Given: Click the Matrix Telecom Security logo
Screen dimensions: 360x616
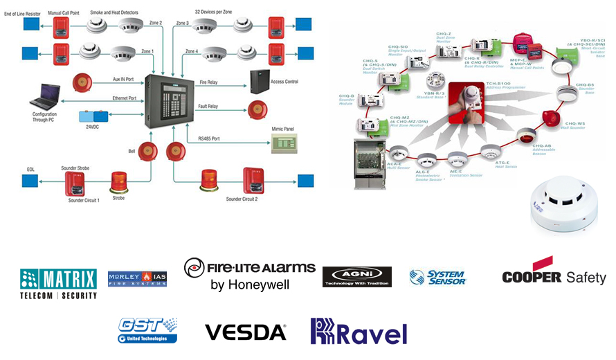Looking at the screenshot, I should pyautogui.click(x=59, y=282).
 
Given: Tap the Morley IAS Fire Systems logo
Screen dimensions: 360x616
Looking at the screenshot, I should pyautogui.click(x=137, y=279).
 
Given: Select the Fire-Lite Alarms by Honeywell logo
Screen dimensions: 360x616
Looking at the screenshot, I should pyautogui.click(x=250, y=274).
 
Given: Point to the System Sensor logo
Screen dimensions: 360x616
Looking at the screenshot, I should pyautogui.click(x=438, y=278).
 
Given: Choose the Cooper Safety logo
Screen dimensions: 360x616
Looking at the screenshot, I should pyautogui.click(x=554, y=273).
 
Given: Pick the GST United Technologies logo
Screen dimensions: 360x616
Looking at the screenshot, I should pyautogui.click(x=147, y=330).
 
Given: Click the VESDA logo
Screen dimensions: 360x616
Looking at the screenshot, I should pyautogui.click(x=246, y=332).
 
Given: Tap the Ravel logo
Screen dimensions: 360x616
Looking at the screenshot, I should pyautogui.click(x=359, y=332).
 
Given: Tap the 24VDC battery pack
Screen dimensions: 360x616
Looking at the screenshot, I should pyautogui.click(x=89, y=116).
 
